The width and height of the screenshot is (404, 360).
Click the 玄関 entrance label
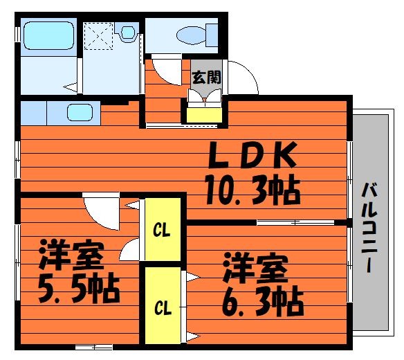[x=207, y=78]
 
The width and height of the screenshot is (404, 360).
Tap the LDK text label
[x=252, y=155]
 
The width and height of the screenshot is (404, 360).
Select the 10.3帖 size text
[x=252, y=190]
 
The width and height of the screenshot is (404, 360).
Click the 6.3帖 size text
[x=263, y=302]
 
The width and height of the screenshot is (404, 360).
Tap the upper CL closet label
[x=162, y=230]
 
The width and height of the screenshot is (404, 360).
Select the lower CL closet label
[x=163, y=307]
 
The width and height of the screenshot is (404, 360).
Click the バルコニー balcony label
[x=370, y=227]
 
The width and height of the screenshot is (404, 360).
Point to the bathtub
[x=48, y=35]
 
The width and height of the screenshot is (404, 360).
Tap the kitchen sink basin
[x=80, y=112]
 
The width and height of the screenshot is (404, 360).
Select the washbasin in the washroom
[x=128, y=33]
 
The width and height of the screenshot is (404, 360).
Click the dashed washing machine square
[x=99, y=36]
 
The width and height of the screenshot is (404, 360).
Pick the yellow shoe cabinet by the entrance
[x=204, y=116]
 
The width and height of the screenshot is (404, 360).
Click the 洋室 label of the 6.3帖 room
[x=255, y=267]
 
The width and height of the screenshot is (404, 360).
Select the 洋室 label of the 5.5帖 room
[x=71, y=255]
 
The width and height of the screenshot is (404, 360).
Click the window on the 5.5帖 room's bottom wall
[x=94, y=347]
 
